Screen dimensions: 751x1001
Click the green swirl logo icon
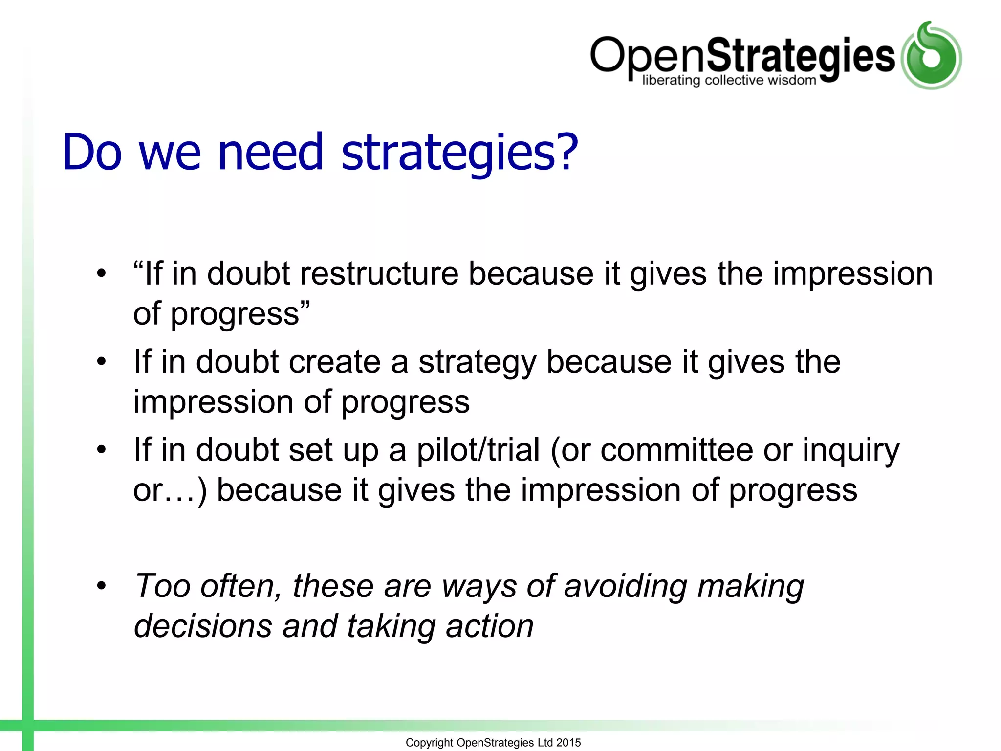[931, 55]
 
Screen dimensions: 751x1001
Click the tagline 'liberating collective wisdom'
[729, 80]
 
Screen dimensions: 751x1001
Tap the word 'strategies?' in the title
[459, 153]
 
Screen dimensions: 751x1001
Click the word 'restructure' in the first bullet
[379, 273]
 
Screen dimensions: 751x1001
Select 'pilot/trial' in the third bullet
[478, 450]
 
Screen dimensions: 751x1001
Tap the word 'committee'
[676, 450]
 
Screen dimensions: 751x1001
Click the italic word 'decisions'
[203, 626]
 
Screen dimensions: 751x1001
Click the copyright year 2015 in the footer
[568, 743]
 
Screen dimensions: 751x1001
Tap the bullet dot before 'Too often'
[101, 586]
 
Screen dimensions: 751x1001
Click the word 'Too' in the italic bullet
[162, 586]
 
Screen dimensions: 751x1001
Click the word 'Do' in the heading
[92, 153]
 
